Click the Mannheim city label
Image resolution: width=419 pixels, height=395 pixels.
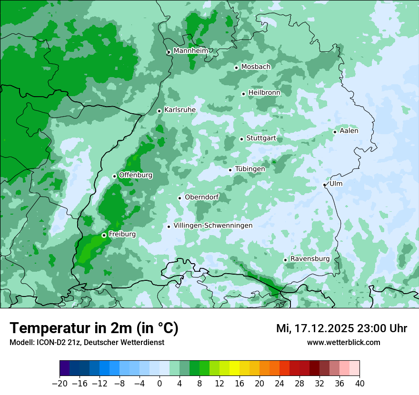pyautogui.click(x=190, y=50)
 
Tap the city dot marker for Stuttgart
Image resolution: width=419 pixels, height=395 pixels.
pyautogui.click(x=242, y=139)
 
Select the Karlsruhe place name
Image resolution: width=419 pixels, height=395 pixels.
pyautogui.click(x=180, y=109)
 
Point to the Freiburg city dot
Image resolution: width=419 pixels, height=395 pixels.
pyautogui.click(x=104, y=235)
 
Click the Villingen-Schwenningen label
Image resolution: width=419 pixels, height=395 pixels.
pyautogui.click(x=213, y=225)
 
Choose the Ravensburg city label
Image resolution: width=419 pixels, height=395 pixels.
pyautogui.click(x=310, y=258)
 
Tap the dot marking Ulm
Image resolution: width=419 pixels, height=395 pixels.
pyautogui.click(x=325, y=185)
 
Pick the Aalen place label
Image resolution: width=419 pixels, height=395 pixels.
pyautogui.click(x=349, y=130)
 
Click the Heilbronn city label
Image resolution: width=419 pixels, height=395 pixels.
pyautogui.click(x=264, y=92)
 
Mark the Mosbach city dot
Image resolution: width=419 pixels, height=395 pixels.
pyautogui.click(x=236, y=68)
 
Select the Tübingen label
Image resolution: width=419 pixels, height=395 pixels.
pyautogui.click(x=250, y=168)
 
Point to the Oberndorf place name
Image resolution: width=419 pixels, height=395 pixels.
pyautogui.click(x=202, y=197)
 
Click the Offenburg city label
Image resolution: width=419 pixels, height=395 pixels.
pyautogui.click(x=136, y=175)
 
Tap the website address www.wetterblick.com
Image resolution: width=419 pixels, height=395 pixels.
pyautogui.click(x=344, y=342)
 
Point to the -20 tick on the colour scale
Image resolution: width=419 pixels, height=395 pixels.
pyautogui.click(x=60, y=384)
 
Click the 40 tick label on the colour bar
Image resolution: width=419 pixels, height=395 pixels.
pyautogui.click(x=359, y=384)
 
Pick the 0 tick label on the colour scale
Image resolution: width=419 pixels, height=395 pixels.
pyautogui.click(x=160, y=384)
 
